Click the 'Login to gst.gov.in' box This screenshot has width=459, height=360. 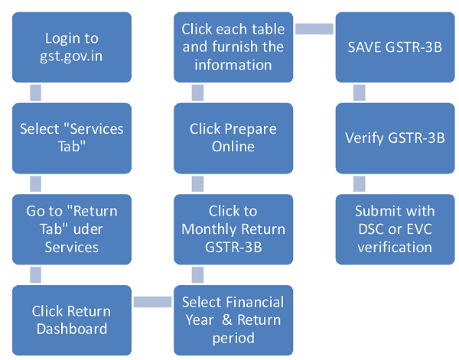(x=72, y=47)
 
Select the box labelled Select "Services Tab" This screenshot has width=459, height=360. (x=72, y=138)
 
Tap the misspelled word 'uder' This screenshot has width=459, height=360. (x=88, y=229)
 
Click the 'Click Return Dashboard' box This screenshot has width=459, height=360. (x=72, y=320)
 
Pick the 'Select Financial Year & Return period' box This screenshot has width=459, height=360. (x=233, y=320)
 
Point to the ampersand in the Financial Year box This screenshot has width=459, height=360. (x=227, y=319)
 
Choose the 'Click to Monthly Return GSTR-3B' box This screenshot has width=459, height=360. (x=233, y=229)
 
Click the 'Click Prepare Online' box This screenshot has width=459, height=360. (x=233, y=138)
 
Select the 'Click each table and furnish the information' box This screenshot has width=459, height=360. (x=233, y=47)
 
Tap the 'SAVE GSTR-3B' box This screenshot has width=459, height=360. (x=395, y=47)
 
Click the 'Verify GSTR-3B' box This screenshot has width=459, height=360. (x=395, y=138)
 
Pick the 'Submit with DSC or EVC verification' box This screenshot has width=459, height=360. (x=395, y=229)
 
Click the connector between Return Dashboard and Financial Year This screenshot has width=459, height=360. (x=152, y=302)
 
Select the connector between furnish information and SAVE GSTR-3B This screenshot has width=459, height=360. (x=314, y=29)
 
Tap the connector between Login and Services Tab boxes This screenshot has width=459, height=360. (x=35, y=92)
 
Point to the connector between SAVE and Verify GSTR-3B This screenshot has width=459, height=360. (x=360, y=92)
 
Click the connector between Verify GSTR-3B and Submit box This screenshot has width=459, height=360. (x=360, y=184)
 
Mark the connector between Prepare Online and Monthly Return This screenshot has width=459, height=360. (x=197, y=184)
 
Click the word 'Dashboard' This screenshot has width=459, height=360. (x=72, y=329)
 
